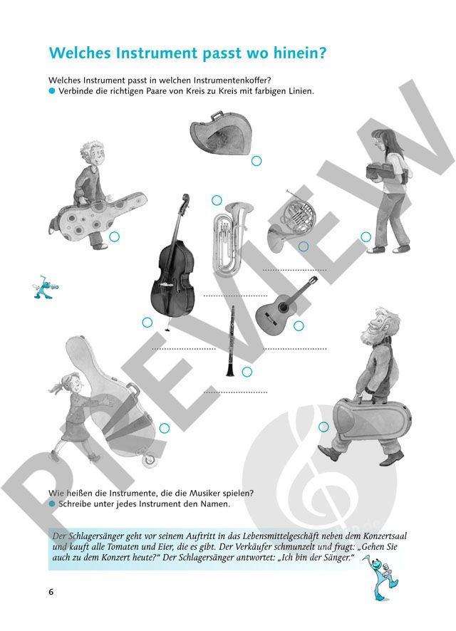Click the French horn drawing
pos(291,221)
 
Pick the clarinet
pos(231,341)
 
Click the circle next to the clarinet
pos(247,372)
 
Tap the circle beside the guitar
pos(299,326)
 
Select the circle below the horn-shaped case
pos(256,161)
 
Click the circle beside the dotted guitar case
pos(114,236)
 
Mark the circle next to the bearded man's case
pos(323,427)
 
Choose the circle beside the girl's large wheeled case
pos(164,429)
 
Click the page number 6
pos(51,592)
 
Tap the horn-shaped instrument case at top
pos(221,131)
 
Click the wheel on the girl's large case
pos(151,459)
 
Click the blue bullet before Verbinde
pos(51,91)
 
